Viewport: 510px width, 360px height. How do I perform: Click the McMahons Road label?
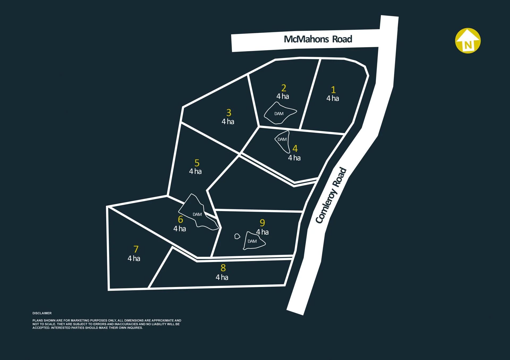(x=318, y=39)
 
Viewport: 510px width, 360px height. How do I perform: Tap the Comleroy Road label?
(x=331, y=195)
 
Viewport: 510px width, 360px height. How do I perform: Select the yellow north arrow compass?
(x=468, y=41)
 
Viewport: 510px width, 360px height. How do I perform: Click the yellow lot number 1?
(x=333, y=90)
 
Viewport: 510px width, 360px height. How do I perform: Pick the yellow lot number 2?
(x=284, y=88)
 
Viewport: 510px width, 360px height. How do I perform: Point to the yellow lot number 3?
(x=229, y=113)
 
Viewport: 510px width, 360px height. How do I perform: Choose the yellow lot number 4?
(x=295, y=149)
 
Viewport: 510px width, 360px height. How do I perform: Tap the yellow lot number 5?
(x=197, y=163)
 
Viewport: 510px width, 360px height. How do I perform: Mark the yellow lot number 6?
(x=180, y=220)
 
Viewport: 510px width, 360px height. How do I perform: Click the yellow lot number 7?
(x=136, y=249)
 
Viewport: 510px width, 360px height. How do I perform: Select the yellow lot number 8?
(x=223, y=268)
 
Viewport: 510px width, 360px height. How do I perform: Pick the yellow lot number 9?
(x=262, y=223)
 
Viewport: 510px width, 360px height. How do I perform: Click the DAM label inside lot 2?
(x=279, y=114)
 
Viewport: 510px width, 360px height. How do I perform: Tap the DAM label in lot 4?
(x=282, y=139)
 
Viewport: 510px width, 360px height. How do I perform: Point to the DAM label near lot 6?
(x=197, y=214)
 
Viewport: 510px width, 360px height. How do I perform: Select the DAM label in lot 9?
(x=252, y=241)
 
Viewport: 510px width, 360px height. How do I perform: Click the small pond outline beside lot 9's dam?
(x=237, y=236)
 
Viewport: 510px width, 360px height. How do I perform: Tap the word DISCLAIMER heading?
(x=42, y=313)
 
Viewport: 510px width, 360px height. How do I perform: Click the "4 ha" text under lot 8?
(x=222, y=277)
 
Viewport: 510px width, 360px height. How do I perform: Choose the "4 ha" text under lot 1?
(x=333, y=98)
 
